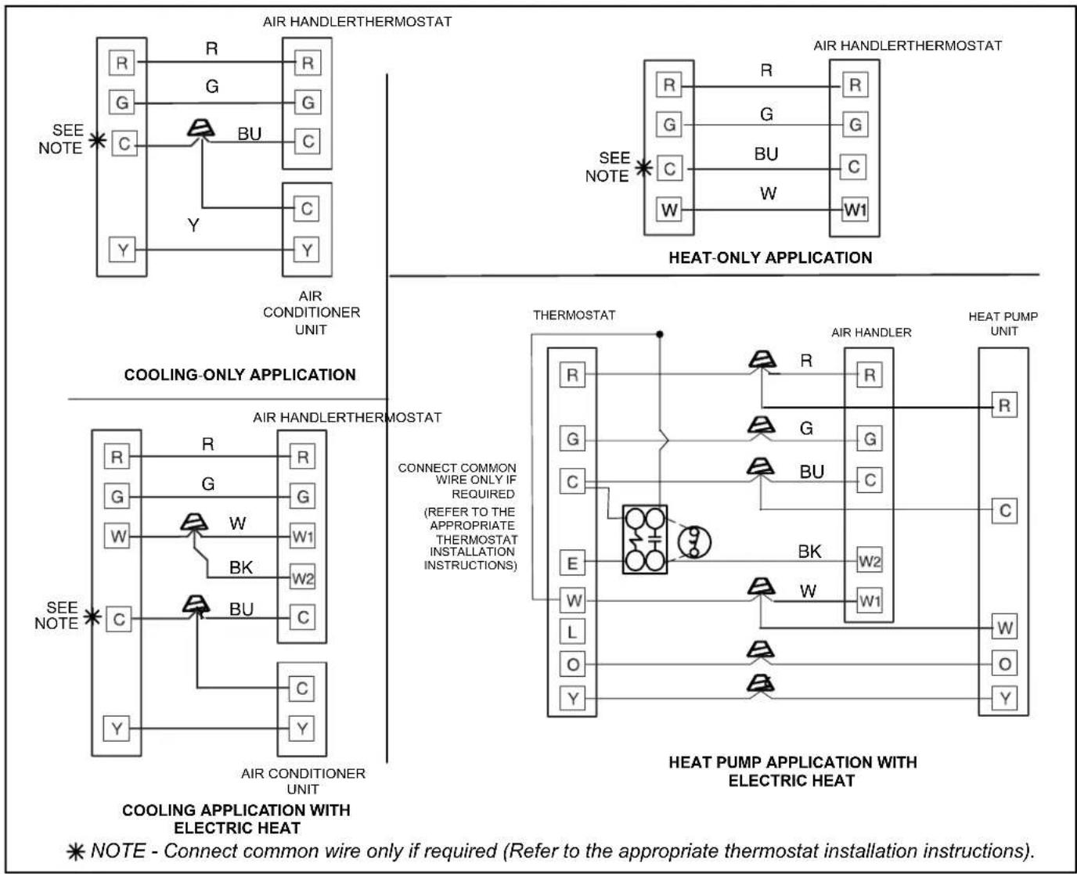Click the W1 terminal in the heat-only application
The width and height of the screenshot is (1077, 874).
tap(855, 209)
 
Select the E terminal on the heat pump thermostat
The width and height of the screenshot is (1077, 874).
tap(572, 563)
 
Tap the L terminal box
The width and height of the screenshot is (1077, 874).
tap(572, 632)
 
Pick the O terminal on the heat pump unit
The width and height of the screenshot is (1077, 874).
tap(1005, 664)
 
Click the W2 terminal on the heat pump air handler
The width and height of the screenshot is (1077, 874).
tap(870, 560)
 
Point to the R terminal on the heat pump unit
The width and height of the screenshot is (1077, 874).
tap(1005, 405)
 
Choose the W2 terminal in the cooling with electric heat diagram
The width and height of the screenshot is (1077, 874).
tap(302, 577)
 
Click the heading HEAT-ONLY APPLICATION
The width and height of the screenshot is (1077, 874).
tap(770, 257)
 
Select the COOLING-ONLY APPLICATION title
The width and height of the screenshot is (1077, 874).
tap(240, 375)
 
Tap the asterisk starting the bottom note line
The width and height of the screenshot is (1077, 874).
tap(76, 852)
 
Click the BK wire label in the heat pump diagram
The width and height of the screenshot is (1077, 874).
tap(809, 552)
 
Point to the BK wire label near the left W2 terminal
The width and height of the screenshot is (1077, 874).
tap(241, 567)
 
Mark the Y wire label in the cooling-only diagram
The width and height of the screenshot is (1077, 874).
tap(193, 225)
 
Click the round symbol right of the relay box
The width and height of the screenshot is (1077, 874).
tap(694, 542)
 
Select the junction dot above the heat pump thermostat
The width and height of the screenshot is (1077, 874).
tap(659, 334)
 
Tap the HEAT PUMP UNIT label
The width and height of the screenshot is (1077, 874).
tap(1003, 323)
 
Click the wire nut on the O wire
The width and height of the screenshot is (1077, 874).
tap(761, 650)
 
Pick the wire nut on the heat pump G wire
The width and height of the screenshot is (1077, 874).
tap(762, 426)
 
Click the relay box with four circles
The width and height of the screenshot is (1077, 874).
tap(645, 539)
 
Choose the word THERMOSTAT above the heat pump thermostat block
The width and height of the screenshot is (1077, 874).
tap(574, 315)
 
